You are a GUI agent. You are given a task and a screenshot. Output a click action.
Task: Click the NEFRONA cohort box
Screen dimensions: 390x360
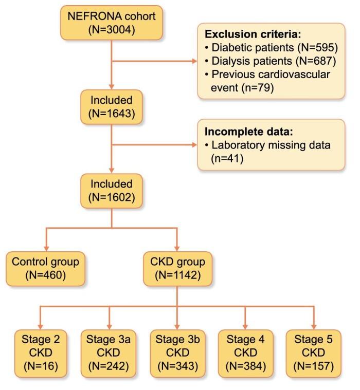click(x=111, y=23)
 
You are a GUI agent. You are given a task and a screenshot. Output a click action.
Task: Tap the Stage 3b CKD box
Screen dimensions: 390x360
click(x=176, y=352)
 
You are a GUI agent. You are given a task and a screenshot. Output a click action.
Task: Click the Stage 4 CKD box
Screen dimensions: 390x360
click(x=244, y=352)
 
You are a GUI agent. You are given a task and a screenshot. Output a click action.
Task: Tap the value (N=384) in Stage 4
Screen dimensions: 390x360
click(x=244, y=367)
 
